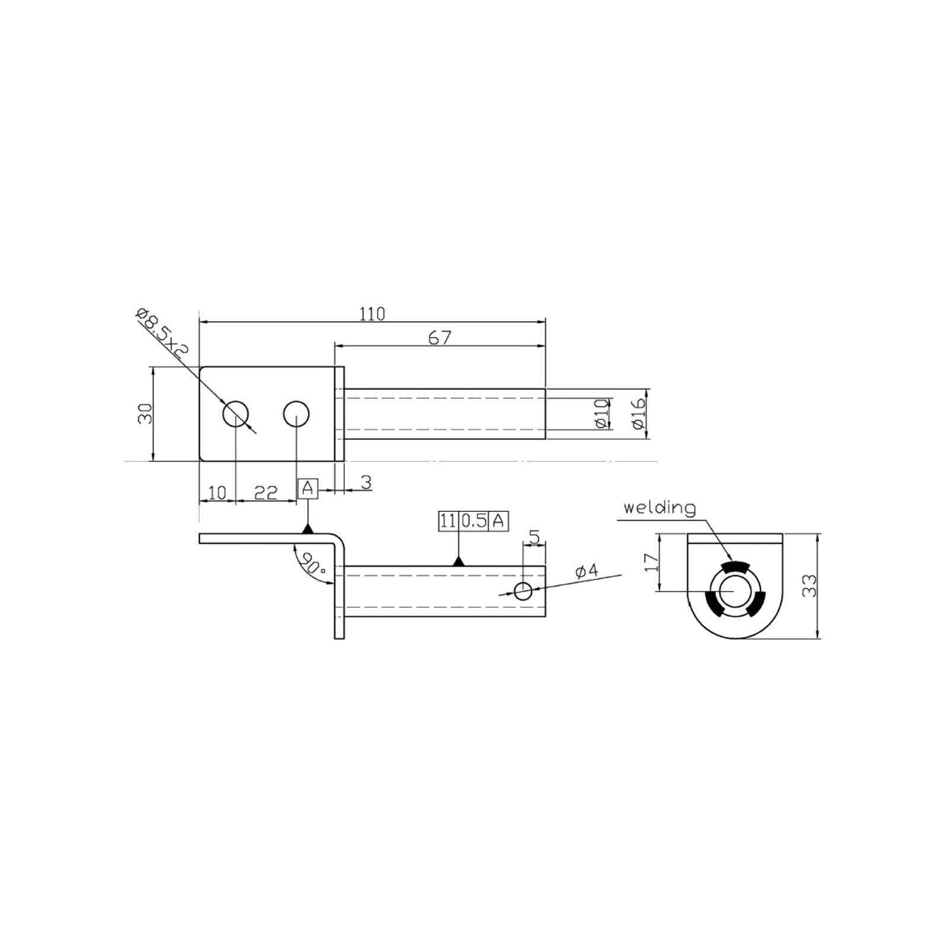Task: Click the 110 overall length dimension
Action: click(372, 313)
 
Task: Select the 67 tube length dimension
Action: click(440, 337)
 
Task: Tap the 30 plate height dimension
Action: click(145, 413)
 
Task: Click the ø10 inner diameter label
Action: click(601, 413)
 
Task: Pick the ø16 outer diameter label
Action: click(638, 413)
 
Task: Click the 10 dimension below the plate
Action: click(217, 492)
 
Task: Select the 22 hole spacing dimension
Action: click(266, 492)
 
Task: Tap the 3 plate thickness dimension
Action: click(366, 483)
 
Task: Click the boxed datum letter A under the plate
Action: click(308, 489)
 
